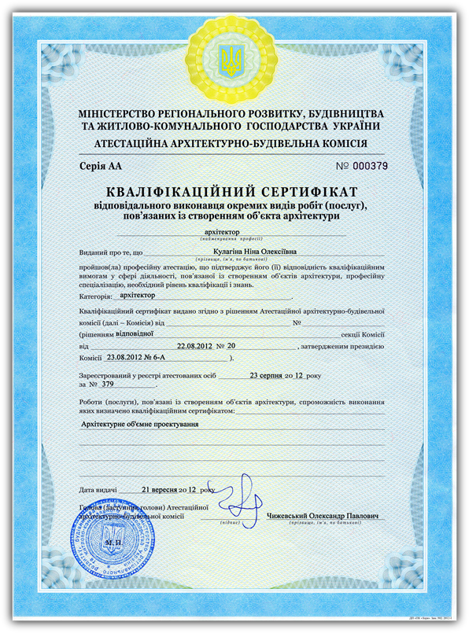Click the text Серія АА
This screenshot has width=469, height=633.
pyautogui.click(x=102, y=167)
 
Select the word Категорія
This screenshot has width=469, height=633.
pyautogui.click(x=94, y=298)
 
